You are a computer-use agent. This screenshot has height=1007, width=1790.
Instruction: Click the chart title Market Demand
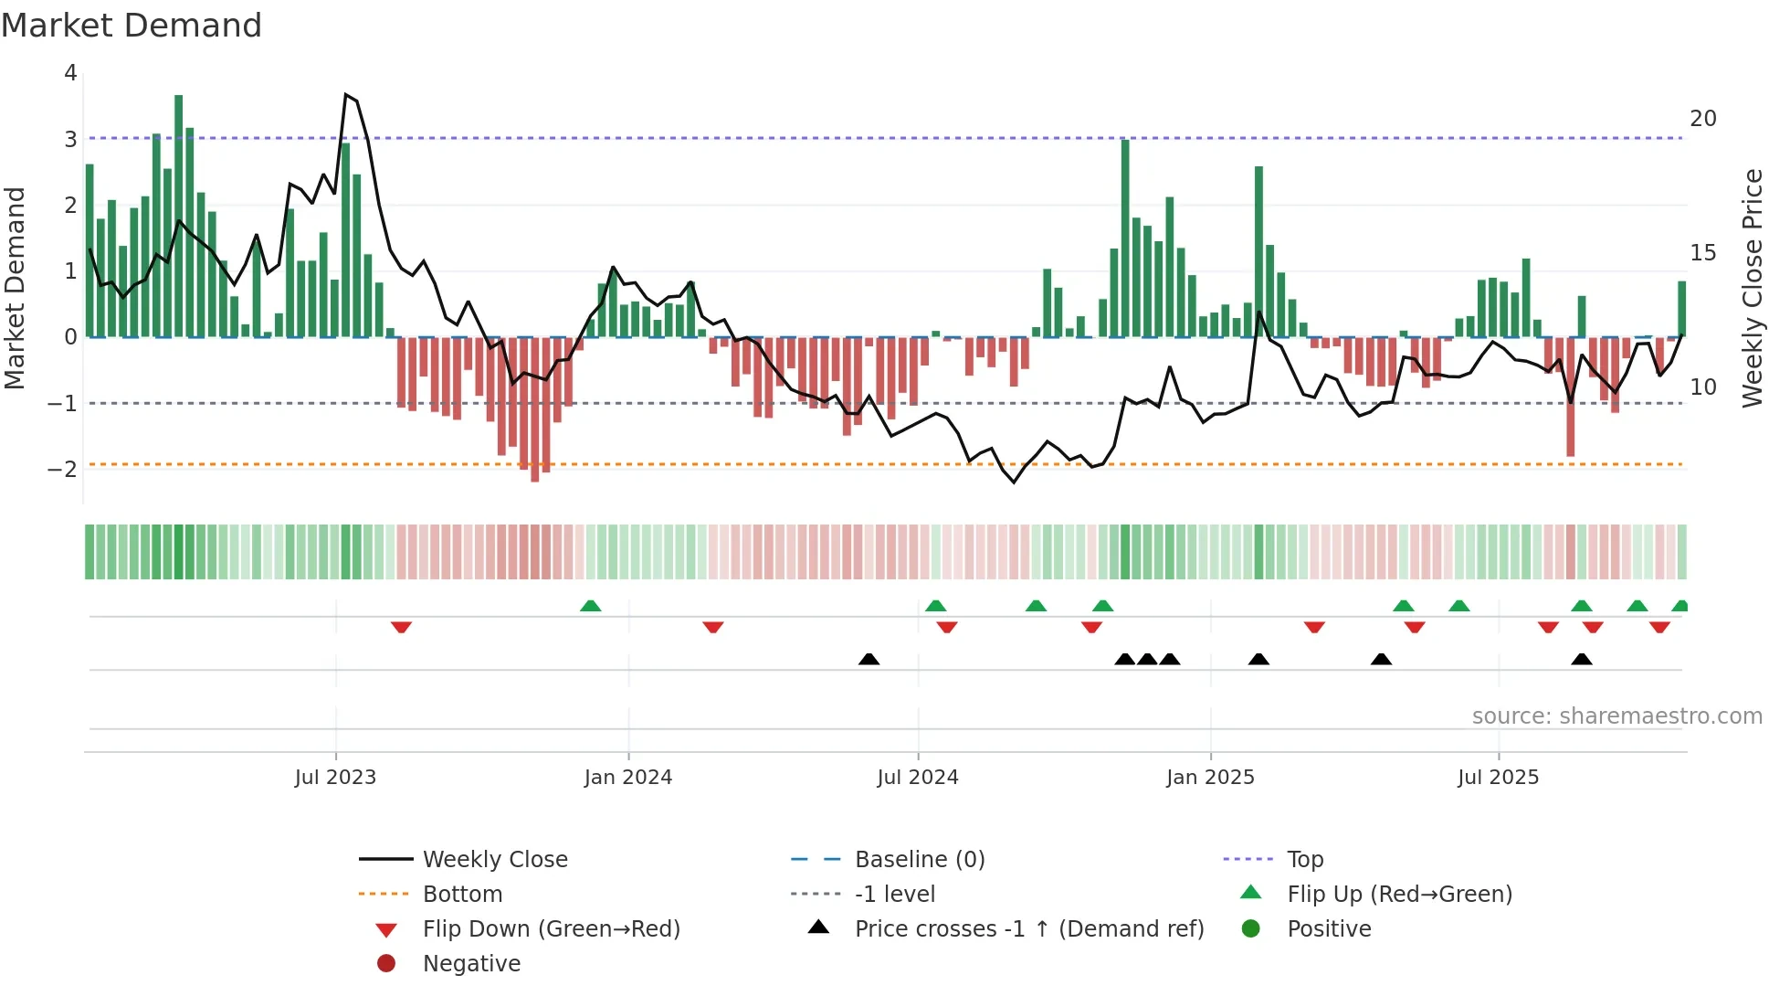coord(132,26)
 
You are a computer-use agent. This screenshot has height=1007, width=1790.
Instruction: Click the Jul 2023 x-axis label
coord(335,778)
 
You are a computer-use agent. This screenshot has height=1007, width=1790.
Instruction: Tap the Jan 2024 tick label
coord(628,778)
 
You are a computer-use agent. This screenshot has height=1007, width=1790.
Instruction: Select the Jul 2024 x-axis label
coord(918,778)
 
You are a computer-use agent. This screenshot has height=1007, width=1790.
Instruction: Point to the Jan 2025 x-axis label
coord(1210,778)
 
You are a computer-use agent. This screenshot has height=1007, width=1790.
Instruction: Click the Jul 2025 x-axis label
coord(1498,778)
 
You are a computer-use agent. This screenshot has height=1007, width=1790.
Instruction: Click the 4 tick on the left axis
coord(70,73)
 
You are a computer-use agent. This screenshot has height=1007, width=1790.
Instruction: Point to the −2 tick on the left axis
coord(63,469)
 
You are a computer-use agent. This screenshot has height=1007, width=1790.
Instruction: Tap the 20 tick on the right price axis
coord(1703,119)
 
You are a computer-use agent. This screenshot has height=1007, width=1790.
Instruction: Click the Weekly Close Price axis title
coord(1752,288)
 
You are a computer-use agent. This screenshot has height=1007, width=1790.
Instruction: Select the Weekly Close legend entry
coord(494,860)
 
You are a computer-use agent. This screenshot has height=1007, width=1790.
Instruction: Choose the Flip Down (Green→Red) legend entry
coord(551,929)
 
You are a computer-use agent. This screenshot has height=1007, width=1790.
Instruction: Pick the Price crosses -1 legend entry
coord(1028,929)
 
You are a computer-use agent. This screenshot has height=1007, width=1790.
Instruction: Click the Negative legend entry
coord(471,964)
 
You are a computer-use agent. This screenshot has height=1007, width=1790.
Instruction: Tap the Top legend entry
coord(1304,860)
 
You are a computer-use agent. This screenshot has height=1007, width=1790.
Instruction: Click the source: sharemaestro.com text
coord(1616,716)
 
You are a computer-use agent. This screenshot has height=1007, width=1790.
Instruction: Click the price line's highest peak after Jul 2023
coord(346,94)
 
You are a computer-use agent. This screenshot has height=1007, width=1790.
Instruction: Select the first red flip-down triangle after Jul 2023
coord(401,627)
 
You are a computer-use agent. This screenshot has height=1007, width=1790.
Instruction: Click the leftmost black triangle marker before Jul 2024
coord(869,659)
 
